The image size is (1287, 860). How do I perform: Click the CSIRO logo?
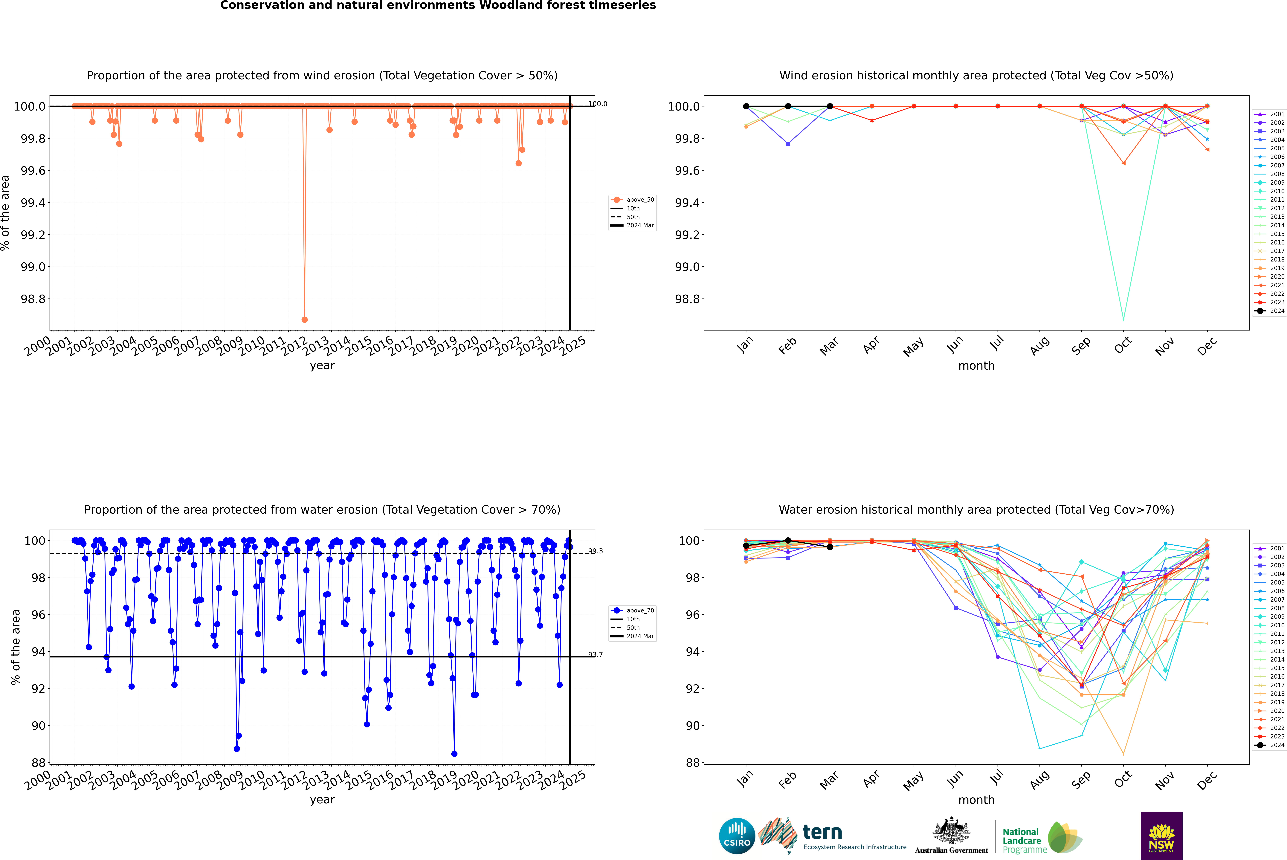click(x=737, y=836)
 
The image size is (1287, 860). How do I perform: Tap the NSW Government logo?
click(x=1161, y=836)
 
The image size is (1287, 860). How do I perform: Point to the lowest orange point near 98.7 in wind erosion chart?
click(x=304, y=319)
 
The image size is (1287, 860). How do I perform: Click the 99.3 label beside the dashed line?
click(x=595, y=551)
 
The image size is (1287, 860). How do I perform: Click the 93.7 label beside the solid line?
click(x=595, y=654)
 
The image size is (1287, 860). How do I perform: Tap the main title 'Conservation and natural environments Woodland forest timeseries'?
click(x=438, y=5)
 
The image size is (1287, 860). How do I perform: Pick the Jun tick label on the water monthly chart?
click(x=955, y=779)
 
